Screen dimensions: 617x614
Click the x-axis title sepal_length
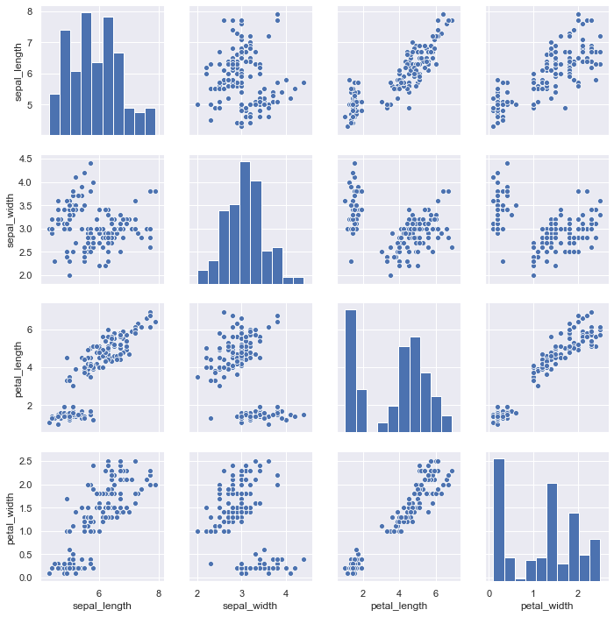(x=100, y=604)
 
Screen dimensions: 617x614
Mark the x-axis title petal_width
(x=545, y=604)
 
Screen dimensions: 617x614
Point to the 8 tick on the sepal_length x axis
(x=158, y=592)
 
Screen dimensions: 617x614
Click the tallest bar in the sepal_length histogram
(x=86, y=74)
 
